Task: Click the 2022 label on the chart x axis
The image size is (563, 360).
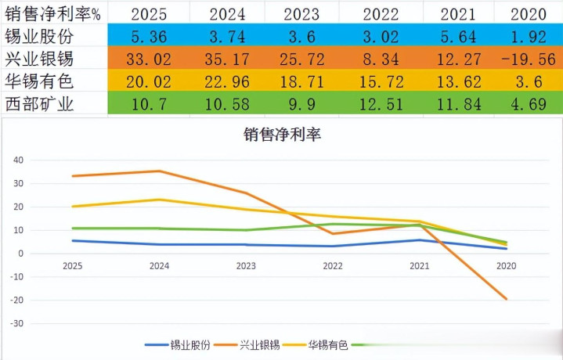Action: click(333, 266)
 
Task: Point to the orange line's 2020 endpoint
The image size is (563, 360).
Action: click(506, 299)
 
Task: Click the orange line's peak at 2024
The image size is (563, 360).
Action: click(160, 171)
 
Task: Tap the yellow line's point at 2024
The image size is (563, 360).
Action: click(160, 200)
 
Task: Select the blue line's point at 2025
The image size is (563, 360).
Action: click(74, 240)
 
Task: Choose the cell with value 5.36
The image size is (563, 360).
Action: click(145, 35)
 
